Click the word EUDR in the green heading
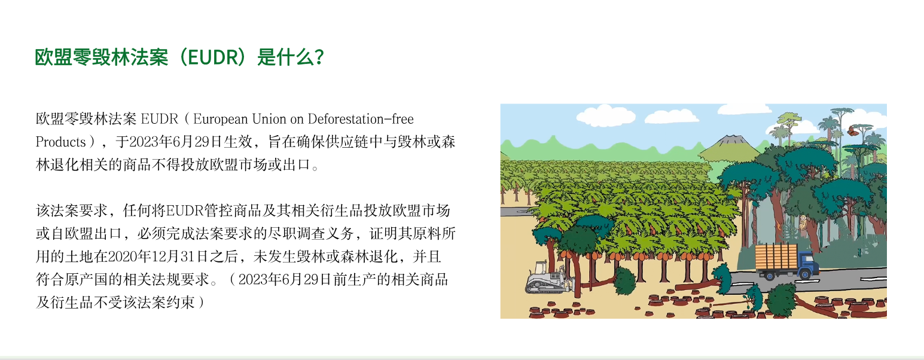[x=214, y=57]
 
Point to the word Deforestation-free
[x=361, y=119]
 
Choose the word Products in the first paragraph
[x=60, y=142]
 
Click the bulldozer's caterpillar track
[x=544, y=285]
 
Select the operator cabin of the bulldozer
[x=541, y=268]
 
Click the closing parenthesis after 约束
[x=202, y=303]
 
